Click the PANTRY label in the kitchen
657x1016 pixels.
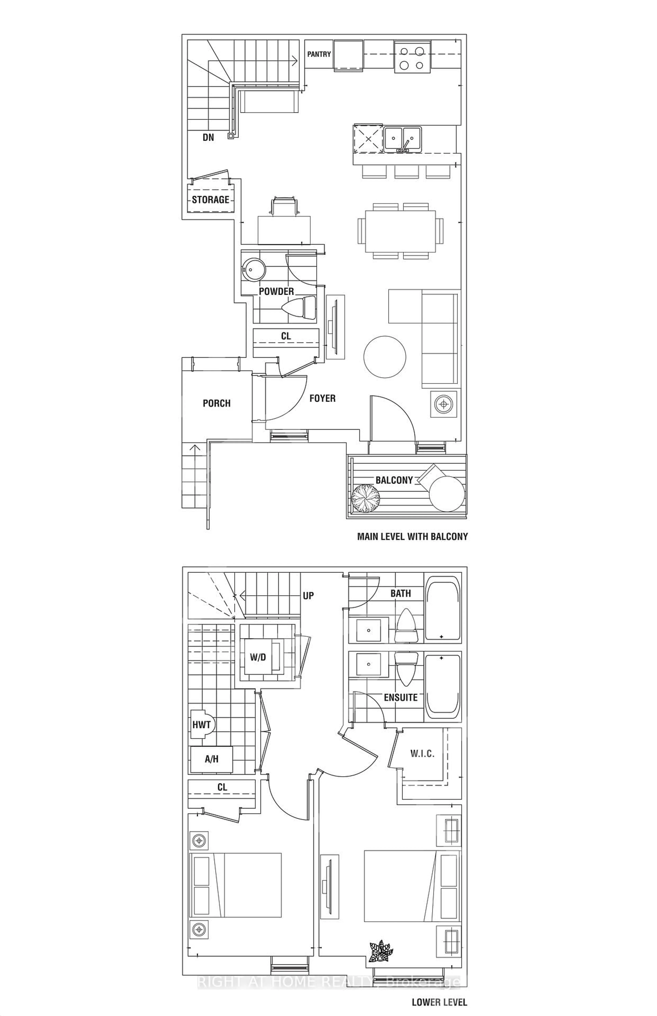(319, 54)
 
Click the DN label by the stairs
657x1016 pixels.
(208, 137)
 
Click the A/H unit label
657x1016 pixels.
(212, 759)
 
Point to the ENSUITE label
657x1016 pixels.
(401, 697)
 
